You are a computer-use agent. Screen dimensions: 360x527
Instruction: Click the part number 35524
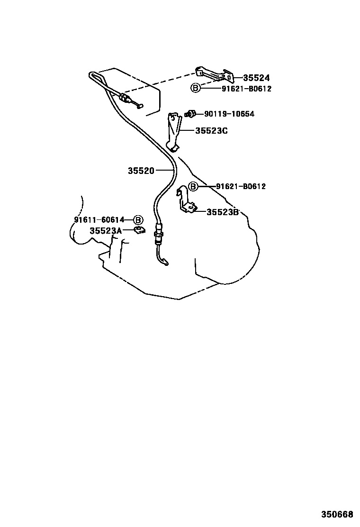(x=256, y=78)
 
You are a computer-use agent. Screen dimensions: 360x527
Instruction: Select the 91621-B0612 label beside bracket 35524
(x=246, y=89)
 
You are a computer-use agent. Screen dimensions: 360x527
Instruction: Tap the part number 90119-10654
(x=229, y=114)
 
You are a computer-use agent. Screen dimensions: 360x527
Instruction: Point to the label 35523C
(x=212, y=130)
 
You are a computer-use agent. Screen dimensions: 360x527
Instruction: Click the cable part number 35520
(x=141, y=171)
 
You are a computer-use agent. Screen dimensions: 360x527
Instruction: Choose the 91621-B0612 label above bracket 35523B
(x=241, y=186)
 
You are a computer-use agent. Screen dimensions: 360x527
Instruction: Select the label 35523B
(x=223, y=212)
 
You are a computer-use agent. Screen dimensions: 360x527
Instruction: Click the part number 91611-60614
(x=99, y=220)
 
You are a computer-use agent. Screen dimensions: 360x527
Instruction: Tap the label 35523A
(x=106, y=231)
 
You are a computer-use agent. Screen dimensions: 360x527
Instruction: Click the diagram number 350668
(x=337, y=515)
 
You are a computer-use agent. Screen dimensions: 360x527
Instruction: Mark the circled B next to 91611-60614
(x=138, y=220)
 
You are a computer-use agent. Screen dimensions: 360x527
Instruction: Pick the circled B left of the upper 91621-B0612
(x=195, y=89)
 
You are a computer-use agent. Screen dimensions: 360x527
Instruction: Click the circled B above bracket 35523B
(x=193, y=186)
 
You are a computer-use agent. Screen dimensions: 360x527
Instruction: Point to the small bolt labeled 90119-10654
(x=190, y=114)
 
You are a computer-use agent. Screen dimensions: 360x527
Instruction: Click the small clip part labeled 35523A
(x=139, y=230)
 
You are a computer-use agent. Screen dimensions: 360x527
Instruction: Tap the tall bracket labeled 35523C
(x=174, y=131)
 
